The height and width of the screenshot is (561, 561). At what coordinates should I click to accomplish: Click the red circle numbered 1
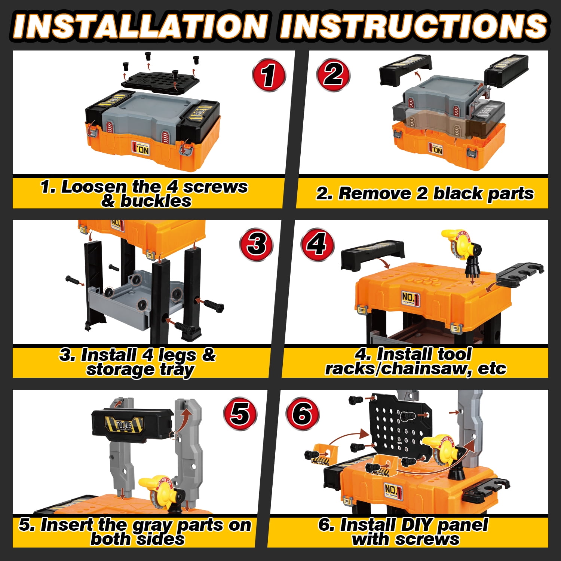coord(269,75)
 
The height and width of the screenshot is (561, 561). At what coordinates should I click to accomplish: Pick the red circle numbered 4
coord(318,244)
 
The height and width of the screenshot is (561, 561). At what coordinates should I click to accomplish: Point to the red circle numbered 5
coord(240,414)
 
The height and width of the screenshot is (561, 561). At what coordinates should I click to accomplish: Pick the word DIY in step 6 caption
coord(414,524)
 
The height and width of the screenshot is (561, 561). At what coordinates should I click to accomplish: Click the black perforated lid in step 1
coord(160,79)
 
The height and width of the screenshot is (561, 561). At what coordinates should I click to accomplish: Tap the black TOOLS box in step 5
coord(132,424)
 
